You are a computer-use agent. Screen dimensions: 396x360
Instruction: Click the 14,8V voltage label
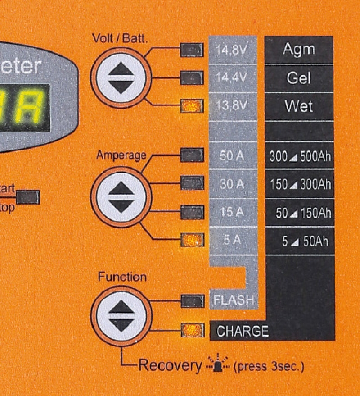[x=231, y=50]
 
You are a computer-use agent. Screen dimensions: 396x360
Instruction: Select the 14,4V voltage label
[x=231, y=78]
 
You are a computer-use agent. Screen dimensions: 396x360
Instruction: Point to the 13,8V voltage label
[x=231, y=106]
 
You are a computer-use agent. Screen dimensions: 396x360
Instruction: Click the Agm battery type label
[x=299, y=50]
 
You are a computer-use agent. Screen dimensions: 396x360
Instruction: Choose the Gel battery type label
[x=299, y=78]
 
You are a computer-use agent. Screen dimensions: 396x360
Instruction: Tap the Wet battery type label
[x=299, y=107]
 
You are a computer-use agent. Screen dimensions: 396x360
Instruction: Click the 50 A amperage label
[x=232, y=156]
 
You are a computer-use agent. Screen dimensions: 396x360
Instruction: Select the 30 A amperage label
[x=232, y=184]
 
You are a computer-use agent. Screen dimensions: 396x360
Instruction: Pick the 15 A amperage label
[x=232, y=212]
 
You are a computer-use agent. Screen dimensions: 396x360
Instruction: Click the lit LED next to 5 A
[x=192, y=240]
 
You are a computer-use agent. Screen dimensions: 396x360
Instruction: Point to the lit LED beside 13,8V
[x=192, y=106]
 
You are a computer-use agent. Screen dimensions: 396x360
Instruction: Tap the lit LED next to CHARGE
[x=192, y=331]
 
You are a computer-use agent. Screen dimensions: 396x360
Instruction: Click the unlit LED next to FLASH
[x=192, y=300]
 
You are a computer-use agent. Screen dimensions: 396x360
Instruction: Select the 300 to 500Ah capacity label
[x=300, y=157]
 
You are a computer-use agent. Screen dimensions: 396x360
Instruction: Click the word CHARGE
[x=243, y=332]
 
